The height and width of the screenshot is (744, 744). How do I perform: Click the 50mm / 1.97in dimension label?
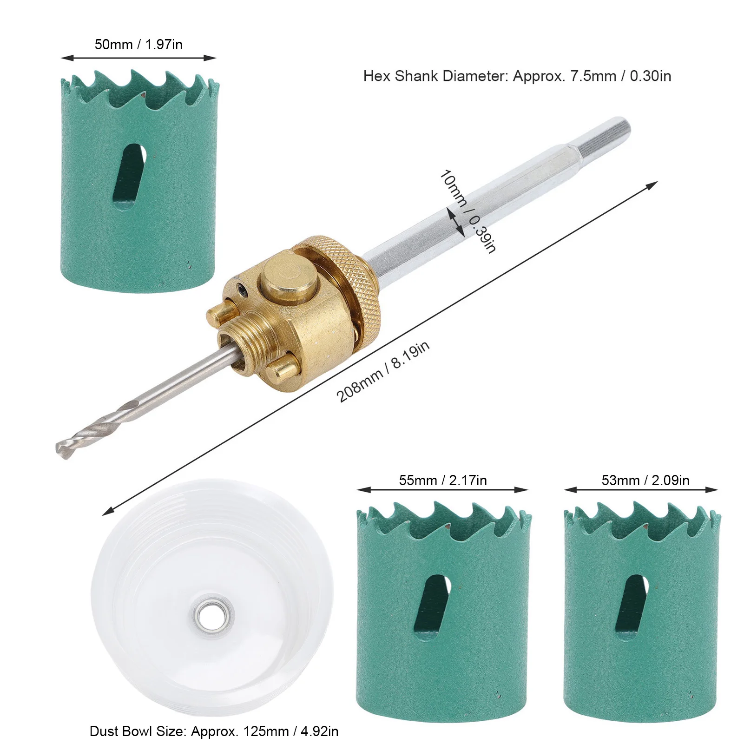(138, 45)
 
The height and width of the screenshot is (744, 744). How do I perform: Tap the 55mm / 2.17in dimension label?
(442, 480)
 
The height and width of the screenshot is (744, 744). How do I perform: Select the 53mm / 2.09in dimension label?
(645, 480)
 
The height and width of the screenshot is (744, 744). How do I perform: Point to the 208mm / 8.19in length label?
(382, 372)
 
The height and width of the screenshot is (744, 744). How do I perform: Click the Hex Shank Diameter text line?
(517, 76)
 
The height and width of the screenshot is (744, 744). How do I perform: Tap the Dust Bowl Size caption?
(214, 731)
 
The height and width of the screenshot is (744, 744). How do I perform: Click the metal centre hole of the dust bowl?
(213, 617)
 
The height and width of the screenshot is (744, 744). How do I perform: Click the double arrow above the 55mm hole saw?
(442, 490)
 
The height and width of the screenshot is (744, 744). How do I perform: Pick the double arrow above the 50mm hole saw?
(138, 58)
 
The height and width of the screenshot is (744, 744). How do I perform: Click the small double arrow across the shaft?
(455, 222)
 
